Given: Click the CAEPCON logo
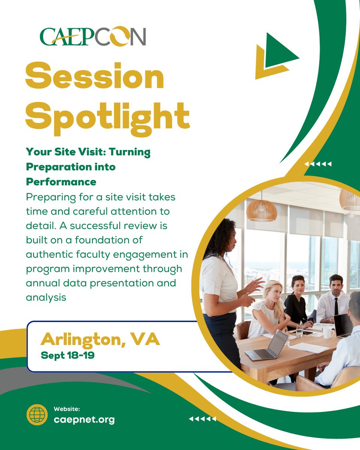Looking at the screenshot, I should point(93,37).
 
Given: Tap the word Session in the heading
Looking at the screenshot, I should point(94,77).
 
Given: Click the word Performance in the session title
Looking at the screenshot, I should point(61,182).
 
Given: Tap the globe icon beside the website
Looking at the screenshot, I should point(37,414).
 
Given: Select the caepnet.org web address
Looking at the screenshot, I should point(84,419).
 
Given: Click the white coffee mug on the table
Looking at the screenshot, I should point(327,332).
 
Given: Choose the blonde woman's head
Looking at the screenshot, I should point(273,291).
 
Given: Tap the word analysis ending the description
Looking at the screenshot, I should point(46,297).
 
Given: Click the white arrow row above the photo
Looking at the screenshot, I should point(318,164).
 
